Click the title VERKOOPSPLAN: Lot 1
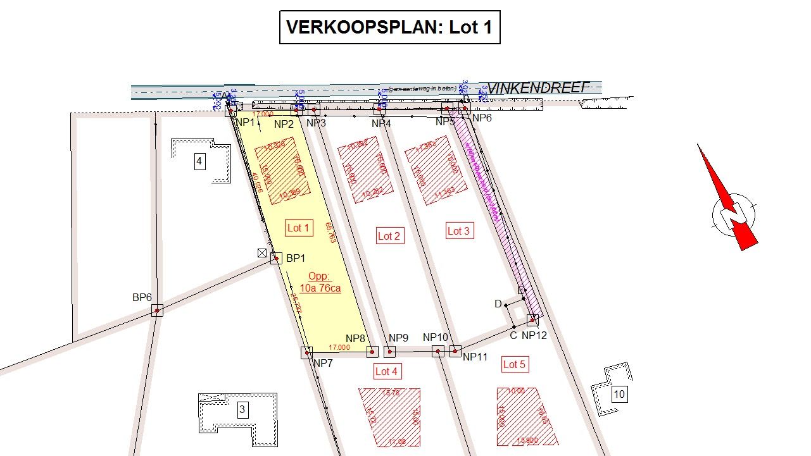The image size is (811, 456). (x=389, y=27)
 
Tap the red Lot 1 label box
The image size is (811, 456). (x=299, y=228)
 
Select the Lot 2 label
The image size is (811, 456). (x=389, y=236)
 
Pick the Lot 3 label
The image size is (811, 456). (x=458, y=231)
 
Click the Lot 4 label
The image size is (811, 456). (x=386, y=371)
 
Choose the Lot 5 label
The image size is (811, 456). (x=514, y=364)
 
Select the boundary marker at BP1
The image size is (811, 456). (x=276, y=258)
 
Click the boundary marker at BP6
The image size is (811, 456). (x=157, y=310)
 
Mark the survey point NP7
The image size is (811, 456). (x=307, y=352)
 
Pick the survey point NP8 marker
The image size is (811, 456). (x=372, y=352)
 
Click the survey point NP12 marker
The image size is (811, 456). (x=533, y=320)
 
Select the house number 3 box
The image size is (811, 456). (x=242, y=410)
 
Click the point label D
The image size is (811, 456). (x=498, y=304)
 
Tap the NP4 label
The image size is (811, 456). (x=381, y=123)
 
